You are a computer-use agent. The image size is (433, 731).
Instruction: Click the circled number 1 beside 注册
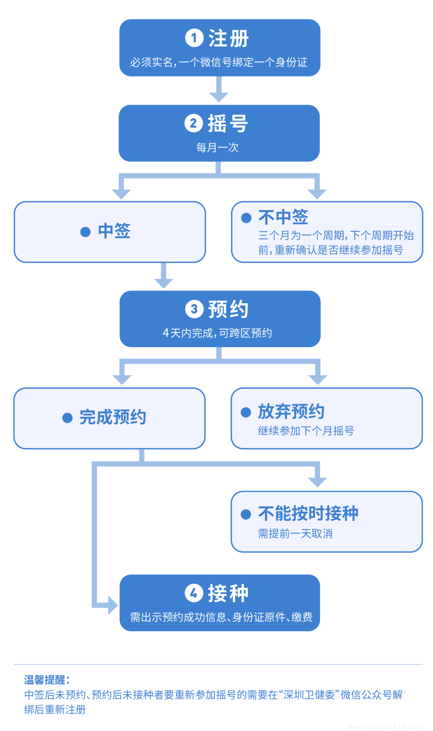(194, 38)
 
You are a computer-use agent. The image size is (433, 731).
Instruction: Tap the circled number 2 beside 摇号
(194, 123)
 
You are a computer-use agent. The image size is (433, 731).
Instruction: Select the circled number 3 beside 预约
(194, 309)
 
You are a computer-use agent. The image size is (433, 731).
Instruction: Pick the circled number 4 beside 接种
(194, 593)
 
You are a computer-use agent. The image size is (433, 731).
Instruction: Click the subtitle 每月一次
(217, 148)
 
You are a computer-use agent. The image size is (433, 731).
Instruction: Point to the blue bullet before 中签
(85, 232)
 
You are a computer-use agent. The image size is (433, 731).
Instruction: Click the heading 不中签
(283, 217)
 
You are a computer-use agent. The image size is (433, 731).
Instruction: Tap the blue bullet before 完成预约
(67, 418)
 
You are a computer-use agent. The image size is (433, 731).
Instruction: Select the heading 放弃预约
(291, 411)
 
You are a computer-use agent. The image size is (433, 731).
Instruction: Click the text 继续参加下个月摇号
(306, 431)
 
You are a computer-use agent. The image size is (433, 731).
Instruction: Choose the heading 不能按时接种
(308, 513)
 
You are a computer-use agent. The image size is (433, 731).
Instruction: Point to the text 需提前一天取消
(295, 534)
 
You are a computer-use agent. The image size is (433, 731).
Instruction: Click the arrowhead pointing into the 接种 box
(112, 605)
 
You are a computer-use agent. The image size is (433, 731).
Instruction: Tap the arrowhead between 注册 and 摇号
(219, 97)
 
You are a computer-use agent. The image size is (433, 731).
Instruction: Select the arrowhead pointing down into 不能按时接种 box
(318, 482)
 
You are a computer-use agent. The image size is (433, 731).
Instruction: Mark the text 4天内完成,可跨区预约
(217, 333)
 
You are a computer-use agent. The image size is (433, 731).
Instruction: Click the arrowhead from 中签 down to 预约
(164, 283)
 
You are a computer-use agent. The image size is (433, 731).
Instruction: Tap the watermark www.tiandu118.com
(385, 726)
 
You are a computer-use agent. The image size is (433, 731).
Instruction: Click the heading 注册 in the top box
(229, 38)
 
